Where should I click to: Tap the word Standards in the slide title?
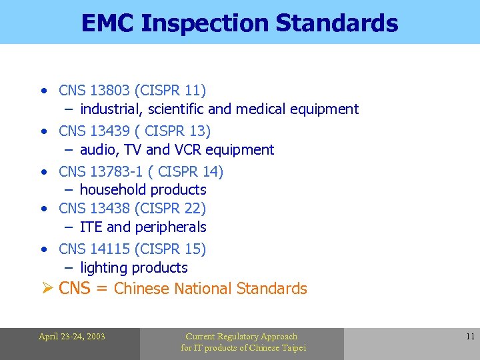(337, 23)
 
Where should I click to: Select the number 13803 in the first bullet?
(110, 90)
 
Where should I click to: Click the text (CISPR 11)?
(170, 90)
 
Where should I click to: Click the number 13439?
(110, 130)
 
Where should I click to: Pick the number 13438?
(110, 209)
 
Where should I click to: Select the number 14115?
(110, 249)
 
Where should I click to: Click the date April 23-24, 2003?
(71, 337)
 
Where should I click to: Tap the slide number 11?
(470, 337)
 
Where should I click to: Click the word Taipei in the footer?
(292, 348)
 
